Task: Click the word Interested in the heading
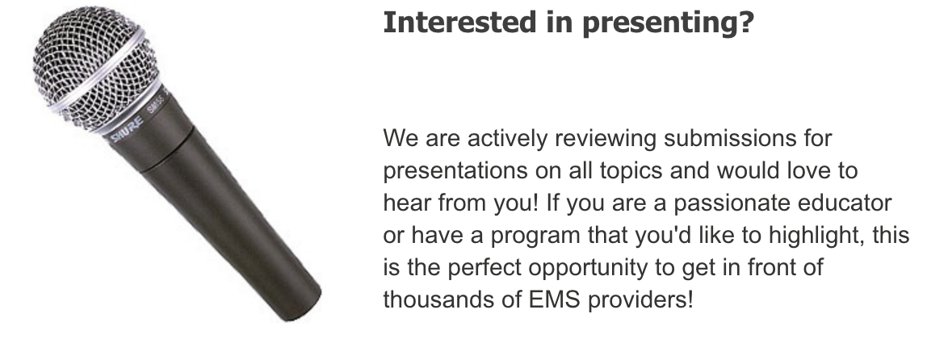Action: click(x=459, y=22)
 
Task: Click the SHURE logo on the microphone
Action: click(x=127, y=129)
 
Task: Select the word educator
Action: click(x=845, y=203)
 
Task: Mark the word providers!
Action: click(x=640, y=300)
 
